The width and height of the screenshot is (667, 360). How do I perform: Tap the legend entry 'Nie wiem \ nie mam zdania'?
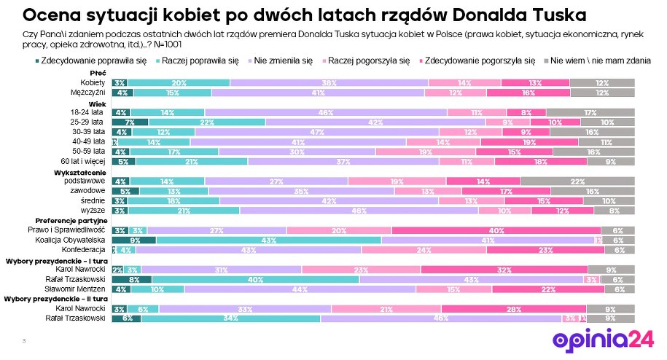(601, 62)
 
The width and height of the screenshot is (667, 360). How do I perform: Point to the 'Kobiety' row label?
(93, 83)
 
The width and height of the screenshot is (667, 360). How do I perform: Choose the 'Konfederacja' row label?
(85, 249)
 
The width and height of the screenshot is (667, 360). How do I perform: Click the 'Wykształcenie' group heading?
(81, 171)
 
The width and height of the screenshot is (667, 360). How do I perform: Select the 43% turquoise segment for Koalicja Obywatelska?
(269, 240)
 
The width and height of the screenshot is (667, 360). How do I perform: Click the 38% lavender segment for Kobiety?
(329, 83)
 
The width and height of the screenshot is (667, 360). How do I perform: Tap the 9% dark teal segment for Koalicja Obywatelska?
(133, 240)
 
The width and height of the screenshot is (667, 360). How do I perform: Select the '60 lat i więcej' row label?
(82, 160)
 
